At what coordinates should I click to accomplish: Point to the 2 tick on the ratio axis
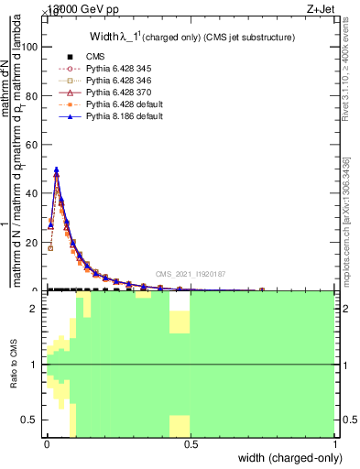[x=36, y=309]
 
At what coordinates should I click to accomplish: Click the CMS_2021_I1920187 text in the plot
[x=191, y=273]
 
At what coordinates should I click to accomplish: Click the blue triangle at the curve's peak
[x=57, y=169]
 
